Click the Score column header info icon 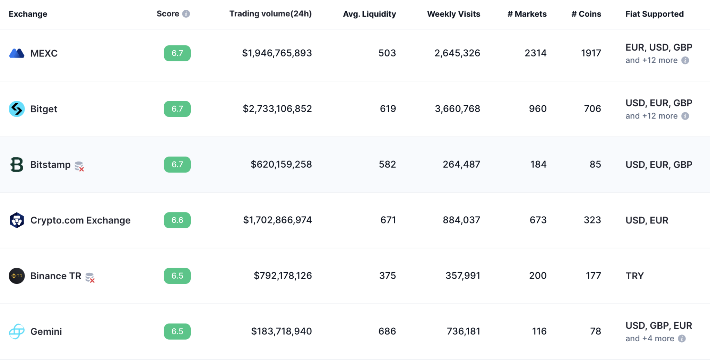tap(186, 14)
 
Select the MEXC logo tap(17, 53)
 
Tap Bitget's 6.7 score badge tap(177, 109)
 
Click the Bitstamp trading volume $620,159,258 tap(281, 165)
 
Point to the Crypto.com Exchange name tap(80, 220)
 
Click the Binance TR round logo tap(17, 276)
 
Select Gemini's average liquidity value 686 tap(387, 332)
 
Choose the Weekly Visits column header tap(453, 14)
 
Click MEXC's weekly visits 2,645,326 tap(457, 53)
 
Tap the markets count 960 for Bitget tap(538, 109)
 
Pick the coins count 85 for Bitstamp tap(595, 165)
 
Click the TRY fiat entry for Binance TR tap(634, 276)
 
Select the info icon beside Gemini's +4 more tap(682, 339)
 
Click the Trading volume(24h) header tap(270, 14)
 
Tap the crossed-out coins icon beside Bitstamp tap(79, 166)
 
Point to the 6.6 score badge tap(177, 220)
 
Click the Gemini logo tap(17, 332)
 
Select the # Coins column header tap(586, 14)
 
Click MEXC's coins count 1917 tap(591, 53)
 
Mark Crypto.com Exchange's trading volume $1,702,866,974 tap(277, 220)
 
